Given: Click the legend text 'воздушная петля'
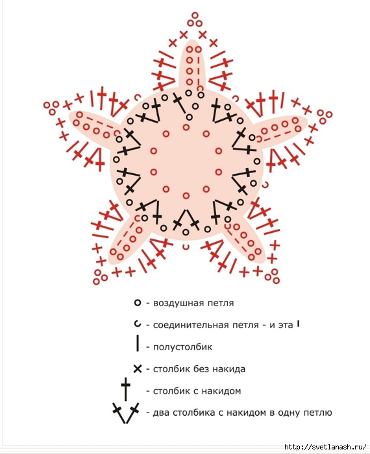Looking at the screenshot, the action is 193,303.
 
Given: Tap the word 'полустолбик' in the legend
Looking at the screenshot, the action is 182,347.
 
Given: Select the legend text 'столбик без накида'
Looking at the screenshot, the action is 199,369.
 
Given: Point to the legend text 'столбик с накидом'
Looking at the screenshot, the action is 197,391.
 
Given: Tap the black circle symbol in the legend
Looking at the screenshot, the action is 138,303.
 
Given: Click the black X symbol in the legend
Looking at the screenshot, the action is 138,369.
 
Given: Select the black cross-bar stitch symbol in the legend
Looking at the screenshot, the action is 125,389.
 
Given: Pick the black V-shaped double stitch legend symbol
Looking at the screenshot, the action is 125,412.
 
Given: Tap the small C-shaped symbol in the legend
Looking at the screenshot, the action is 138,324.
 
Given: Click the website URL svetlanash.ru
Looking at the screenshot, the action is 325,447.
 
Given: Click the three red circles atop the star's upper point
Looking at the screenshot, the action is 195,20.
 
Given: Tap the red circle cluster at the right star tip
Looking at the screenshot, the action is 325,116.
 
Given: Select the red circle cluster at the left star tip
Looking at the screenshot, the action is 51,108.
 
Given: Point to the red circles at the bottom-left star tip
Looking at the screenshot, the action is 100,277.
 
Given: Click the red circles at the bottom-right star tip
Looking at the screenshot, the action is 273,276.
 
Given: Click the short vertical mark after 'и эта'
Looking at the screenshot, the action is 298,324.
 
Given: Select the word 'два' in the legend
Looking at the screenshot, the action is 162,412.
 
